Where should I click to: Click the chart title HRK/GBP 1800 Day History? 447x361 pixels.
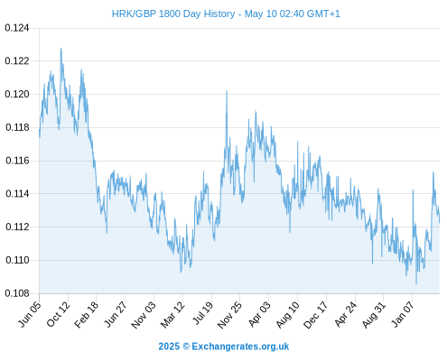tap(173, 14)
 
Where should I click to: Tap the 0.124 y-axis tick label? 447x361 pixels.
tap(17, 28)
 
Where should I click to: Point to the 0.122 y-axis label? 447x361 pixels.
tap(17, 61)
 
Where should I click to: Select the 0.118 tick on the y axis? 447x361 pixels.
tap(17, 127)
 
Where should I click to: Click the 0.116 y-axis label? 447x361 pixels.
tap(17, 161)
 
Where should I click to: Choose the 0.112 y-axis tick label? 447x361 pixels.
tap(17, 227)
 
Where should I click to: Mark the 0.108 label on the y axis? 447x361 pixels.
tap(17, 293)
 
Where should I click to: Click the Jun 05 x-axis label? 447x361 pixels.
tap(30, 313)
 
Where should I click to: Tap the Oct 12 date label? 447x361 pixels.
tap(59, 313)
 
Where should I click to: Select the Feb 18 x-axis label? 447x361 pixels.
tap(87, 313)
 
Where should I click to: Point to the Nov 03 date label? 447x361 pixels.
tap(144, 314)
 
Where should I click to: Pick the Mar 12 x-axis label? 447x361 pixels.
tap(173, 314)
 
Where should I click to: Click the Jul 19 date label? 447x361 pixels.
tap(202, 313)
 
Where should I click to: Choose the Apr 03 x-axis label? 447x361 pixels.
tap(259, 313)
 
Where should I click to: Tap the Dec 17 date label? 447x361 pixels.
tap(316, 314)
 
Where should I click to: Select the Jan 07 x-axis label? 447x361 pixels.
tap(403, 313)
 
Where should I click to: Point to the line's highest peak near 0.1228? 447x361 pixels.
tap(61, 49)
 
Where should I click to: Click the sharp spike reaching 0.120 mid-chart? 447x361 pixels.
tap(227, 91)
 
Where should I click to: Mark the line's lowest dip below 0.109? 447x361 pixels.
tap(416, 283)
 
